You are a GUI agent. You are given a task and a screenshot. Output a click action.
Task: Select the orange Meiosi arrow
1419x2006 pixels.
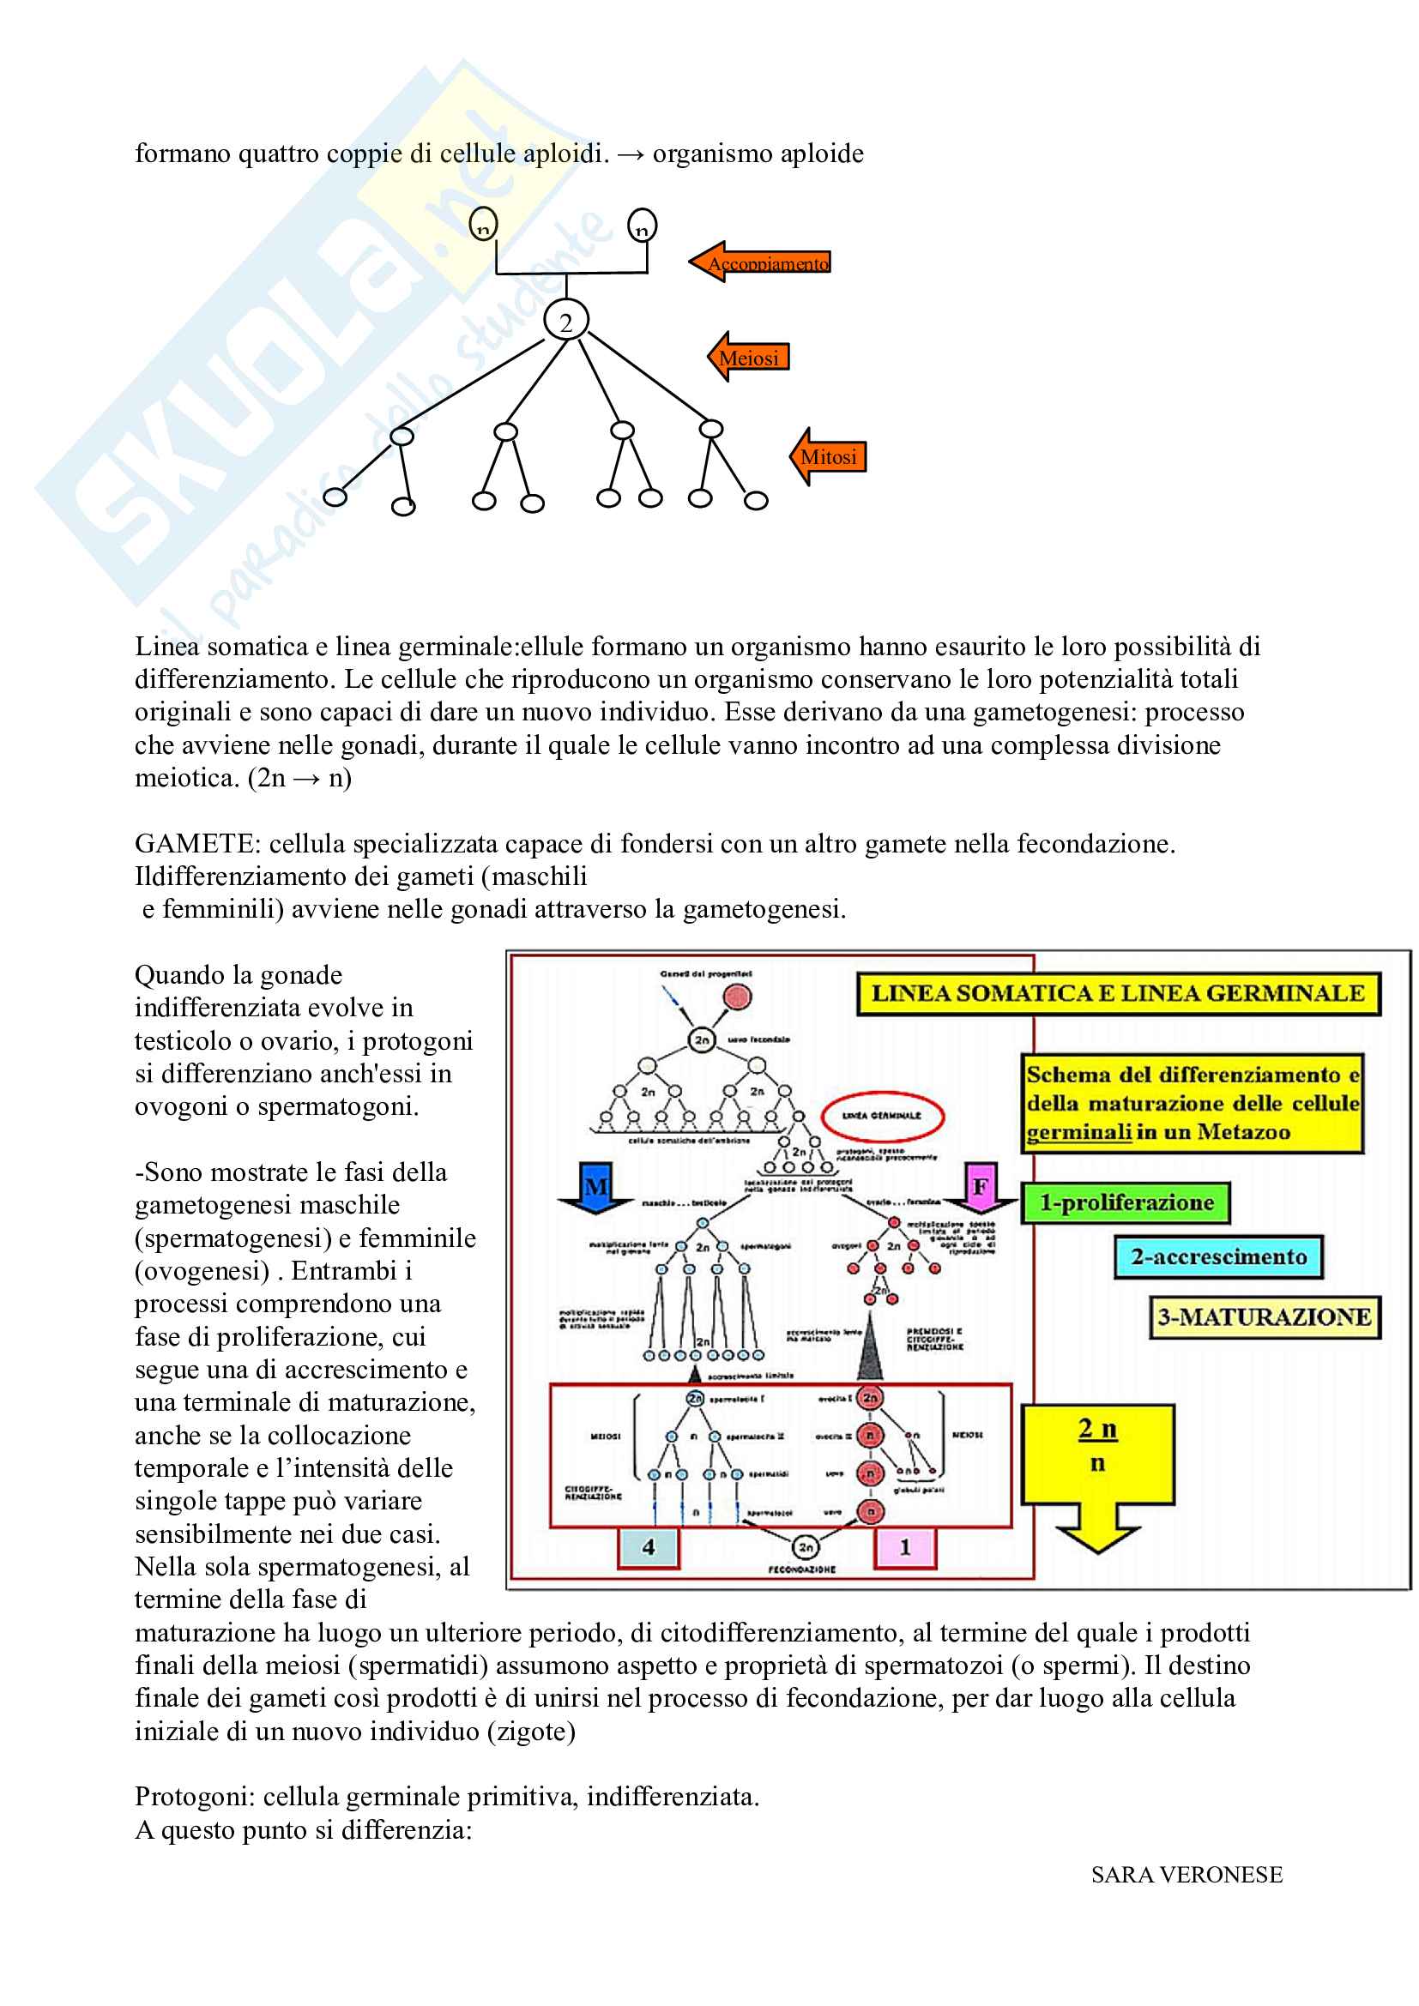click(x=749, y=357)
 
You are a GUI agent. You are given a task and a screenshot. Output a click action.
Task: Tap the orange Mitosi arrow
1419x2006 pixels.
click(x=829, y=456)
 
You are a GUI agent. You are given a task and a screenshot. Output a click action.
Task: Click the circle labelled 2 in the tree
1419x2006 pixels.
click(x=566, y=322)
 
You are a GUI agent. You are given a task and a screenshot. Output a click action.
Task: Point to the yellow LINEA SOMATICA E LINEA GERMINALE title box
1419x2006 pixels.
click(x=1118, y=993)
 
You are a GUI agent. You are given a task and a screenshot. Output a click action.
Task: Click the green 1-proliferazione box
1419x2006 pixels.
click(x=1126, y=1203)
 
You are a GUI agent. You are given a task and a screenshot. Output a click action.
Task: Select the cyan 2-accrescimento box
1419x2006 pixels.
click(x=1218, y=1257)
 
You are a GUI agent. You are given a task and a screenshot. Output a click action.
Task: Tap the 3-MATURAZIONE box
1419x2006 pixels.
click(x=1264, y=1317)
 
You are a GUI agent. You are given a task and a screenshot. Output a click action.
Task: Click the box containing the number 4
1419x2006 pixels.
click(x=649, y=1547)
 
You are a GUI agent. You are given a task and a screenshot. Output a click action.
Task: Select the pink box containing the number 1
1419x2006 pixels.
click(x=905, y=1547)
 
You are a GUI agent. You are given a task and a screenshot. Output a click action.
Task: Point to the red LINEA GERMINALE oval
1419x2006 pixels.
click(x=882, y=1116)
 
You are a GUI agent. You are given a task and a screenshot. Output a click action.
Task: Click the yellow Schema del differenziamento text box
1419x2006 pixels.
click(x=1193, y=1104)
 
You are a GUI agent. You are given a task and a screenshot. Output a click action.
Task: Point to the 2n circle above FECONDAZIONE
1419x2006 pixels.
click(x=805, y=1547)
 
